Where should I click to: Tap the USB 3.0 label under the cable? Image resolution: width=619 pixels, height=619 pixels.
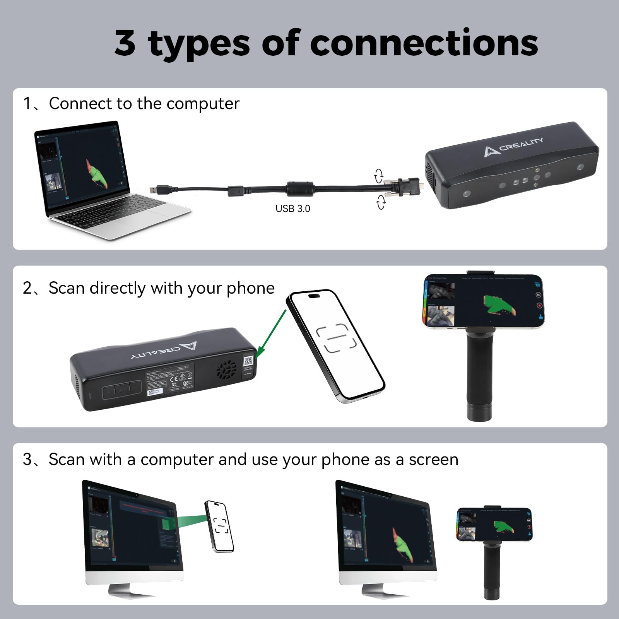point(292,209)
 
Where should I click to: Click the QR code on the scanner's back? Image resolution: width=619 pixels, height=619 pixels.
point(248,361)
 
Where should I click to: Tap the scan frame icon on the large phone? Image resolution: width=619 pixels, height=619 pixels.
point(336,338)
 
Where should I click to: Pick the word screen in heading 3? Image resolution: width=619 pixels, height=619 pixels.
point(433,460)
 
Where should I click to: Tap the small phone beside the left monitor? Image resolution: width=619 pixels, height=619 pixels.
point(219,526)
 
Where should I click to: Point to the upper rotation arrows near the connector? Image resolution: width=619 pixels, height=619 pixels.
point(379,176)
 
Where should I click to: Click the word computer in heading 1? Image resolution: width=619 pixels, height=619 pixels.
point(203,104)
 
